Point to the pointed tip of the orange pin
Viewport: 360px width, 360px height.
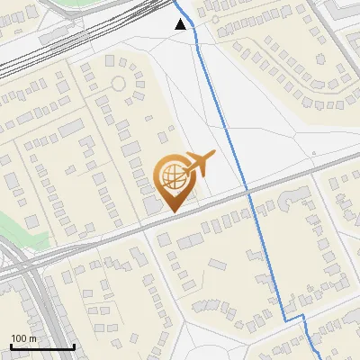pos(172,211)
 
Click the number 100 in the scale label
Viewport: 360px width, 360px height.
pos(17,338)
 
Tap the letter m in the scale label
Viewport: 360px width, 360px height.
pos(31,338)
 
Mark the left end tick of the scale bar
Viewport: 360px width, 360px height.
pos(11,346)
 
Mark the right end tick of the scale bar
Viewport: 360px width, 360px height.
pos(74,346)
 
